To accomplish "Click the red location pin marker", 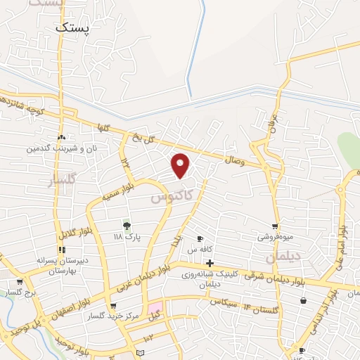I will (181, 165).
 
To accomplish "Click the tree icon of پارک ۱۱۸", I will (127, 226).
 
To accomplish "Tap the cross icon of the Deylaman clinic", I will (210, 263).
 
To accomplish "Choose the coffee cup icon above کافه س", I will (200, 238).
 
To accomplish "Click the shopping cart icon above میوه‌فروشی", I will (275, 226).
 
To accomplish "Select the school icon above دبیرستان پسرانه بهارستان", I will (63, 249).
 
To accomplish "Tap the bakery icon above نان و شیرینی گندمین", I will (62, 138).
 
